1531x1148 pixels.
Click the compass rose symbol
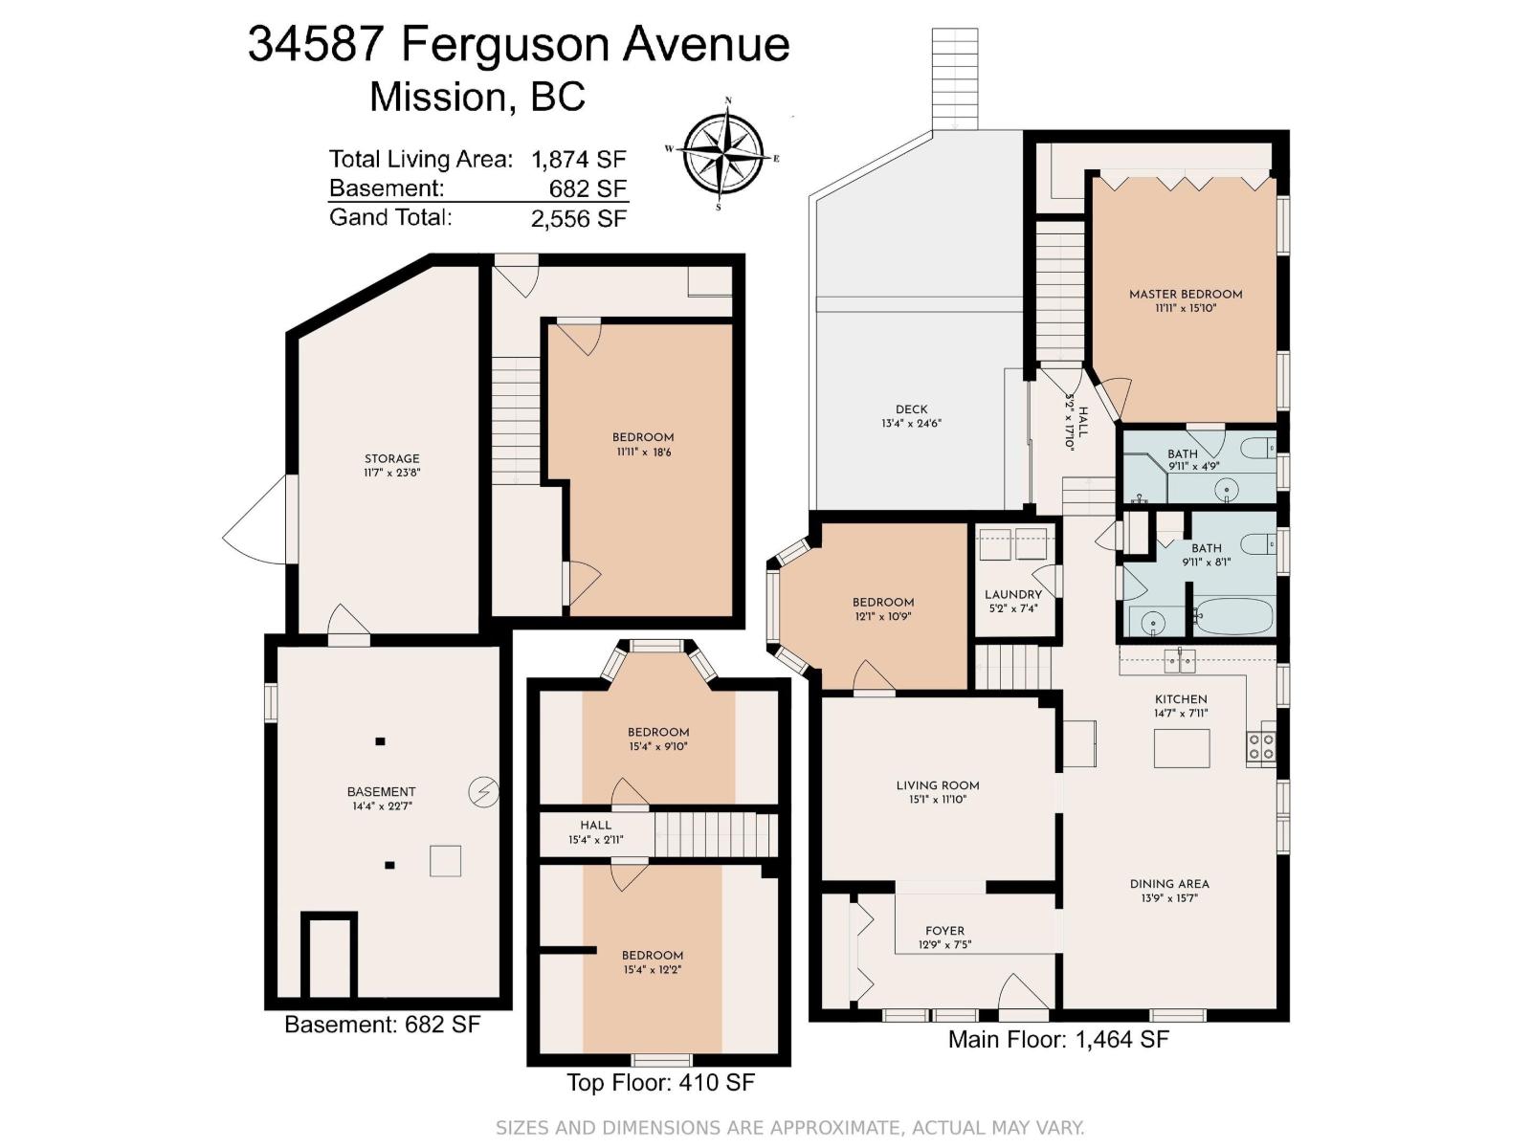tap(724, 152)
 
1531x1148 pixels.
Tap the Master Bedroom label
tap(1185, 295)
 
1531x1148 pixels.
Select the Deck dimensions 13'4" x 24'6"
tap(912, 423)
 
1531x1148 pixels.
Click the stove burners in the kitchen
tap(1261, 746)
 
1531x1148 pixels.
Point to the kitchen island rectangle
tap(1181, 748)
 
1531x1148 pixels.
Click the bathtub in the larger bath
tap(1232, 617)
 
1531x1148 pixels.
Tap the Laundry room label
tap(1012, 594)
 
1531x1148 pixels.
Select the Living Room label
tap(938, 785)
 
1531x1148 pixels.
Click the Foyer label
tap(944, 931)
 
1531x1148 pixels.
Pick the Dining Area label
tap(1169, 884)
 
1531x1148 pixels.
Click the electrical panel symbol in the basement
tap(483, 792)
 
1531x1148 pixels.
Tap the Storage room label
tap(391, 458)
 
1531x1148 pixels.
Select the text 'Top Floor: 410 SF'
tap(660, 1083)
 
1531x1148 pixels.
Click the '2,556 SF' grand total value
tap(579, 219)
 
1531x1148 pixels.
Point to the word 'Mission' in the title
tap(436, 97)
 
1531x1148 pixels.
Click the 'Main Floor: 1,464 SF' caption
tap(1058, 1039)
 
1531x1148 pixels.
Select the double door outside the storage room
tap(258, 521)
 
